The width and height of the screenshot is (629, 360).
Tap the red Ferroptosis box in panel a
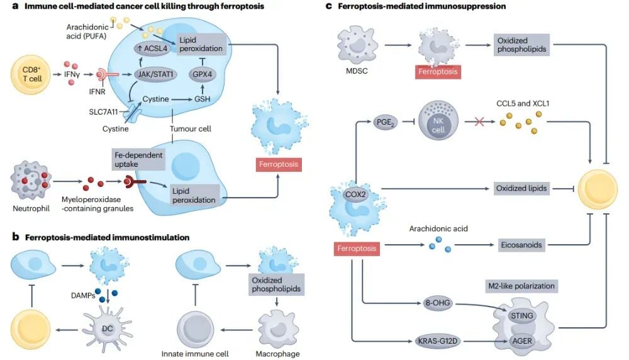pyautogui.click(x=277, y=166)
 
